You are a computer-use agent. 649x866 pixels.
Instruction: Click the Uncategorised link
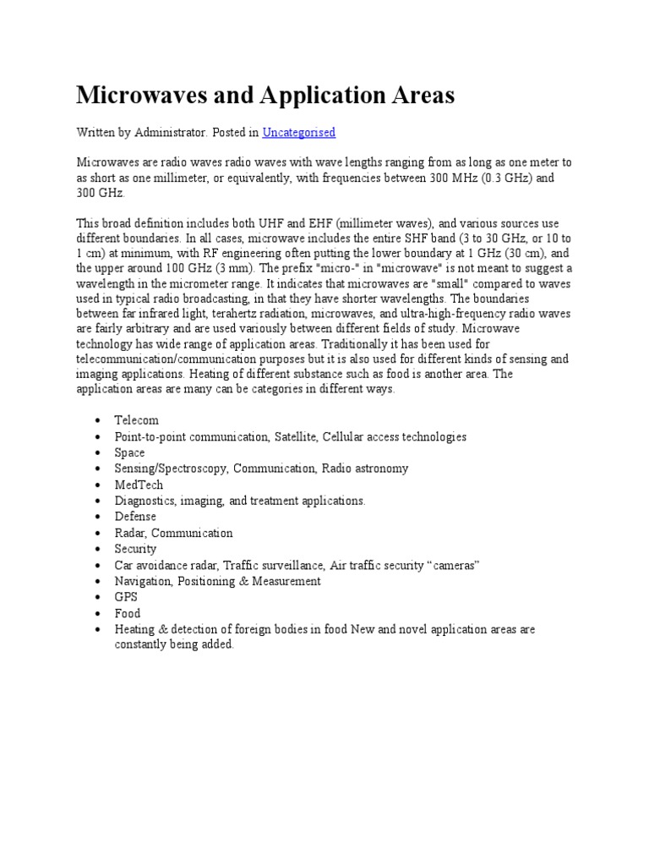point(298,132)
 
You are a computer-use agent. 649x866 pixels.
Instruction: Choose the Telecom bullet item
point(136,420)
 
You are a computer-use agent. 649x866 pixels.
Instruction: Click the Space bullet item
point(129,452)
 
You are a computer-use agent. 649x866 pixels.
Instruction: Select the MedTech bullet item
point(139,485)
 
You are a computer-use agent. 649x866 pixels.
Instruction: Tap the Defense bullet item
point(135,517)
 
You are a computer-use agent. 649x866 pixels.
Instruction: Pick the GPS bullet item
point(126,597)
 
